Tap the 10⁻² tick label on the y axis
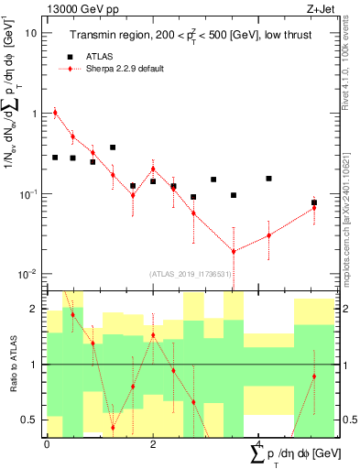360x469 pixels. pyautogui.click(x=27, y=275)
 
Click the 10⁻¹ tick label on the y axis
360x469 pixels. pyautogui.click(x=27, y=194)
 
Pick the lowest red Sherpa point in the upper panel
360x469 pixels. pyautogui.click(x=234, y=251)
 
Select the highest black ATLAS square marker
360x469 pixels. pyautogui.click(x=113, y=147)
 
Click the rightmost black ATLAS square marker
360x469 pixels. pyautogui.click(x=314, y=202)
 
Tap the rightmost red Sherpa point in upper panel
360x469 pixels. pyautogui.click(x=314, y=208)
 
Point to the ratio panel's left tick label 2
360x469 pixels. pyautogui.click(x=35, y=309)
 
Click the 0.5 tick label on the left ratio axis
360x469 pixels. pyautogui.click(x=31, y=420)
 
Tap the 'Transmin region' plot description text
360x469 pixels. pyautogui.click(x=193, y=35)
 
